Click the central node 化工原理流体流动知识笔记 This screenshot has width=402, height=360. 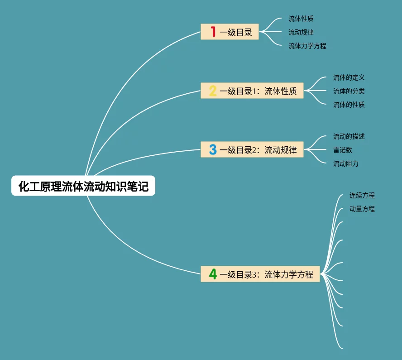point(83,186)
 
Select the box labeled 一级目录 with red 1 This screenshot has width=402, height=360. point(230,32)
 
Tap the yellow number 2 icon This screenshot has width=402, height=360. point(213,91)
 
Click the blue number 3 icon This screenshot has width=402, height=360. point(213,149)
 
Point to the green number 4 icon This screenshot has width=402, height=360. point(213,274)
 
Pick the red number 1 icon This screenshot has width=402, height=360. point(213,32)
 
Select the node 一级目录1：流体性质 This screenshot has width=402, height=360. point(252,91)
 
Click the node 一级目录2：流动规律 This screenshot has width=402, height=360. point(252,149)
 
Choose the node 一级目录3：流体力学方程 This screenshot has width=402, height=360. point(260,274)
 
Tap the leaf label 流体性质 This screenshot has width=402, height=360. point(301,19)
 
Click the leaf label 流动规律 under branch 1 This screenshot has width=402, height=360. point(301,32)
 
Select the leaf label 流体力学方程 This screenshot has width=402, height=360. point(307,46)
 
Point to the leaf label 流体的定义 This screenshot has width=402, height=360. point(349,78)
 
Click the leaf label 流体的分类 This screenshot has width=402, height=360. point(349,91)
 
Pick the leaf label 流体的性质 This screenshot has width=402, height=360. point(349,105)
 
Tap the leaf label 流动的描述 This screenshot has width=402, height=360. point(349,136)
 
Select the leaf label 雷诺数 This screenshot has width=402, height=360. point(343,150)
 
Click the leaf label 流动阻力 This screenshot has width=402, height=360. point(346,163)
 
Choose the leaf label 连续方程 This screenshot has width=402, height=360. point(362,196)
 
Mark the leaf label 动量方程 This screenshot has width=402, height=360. point(362,209)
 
